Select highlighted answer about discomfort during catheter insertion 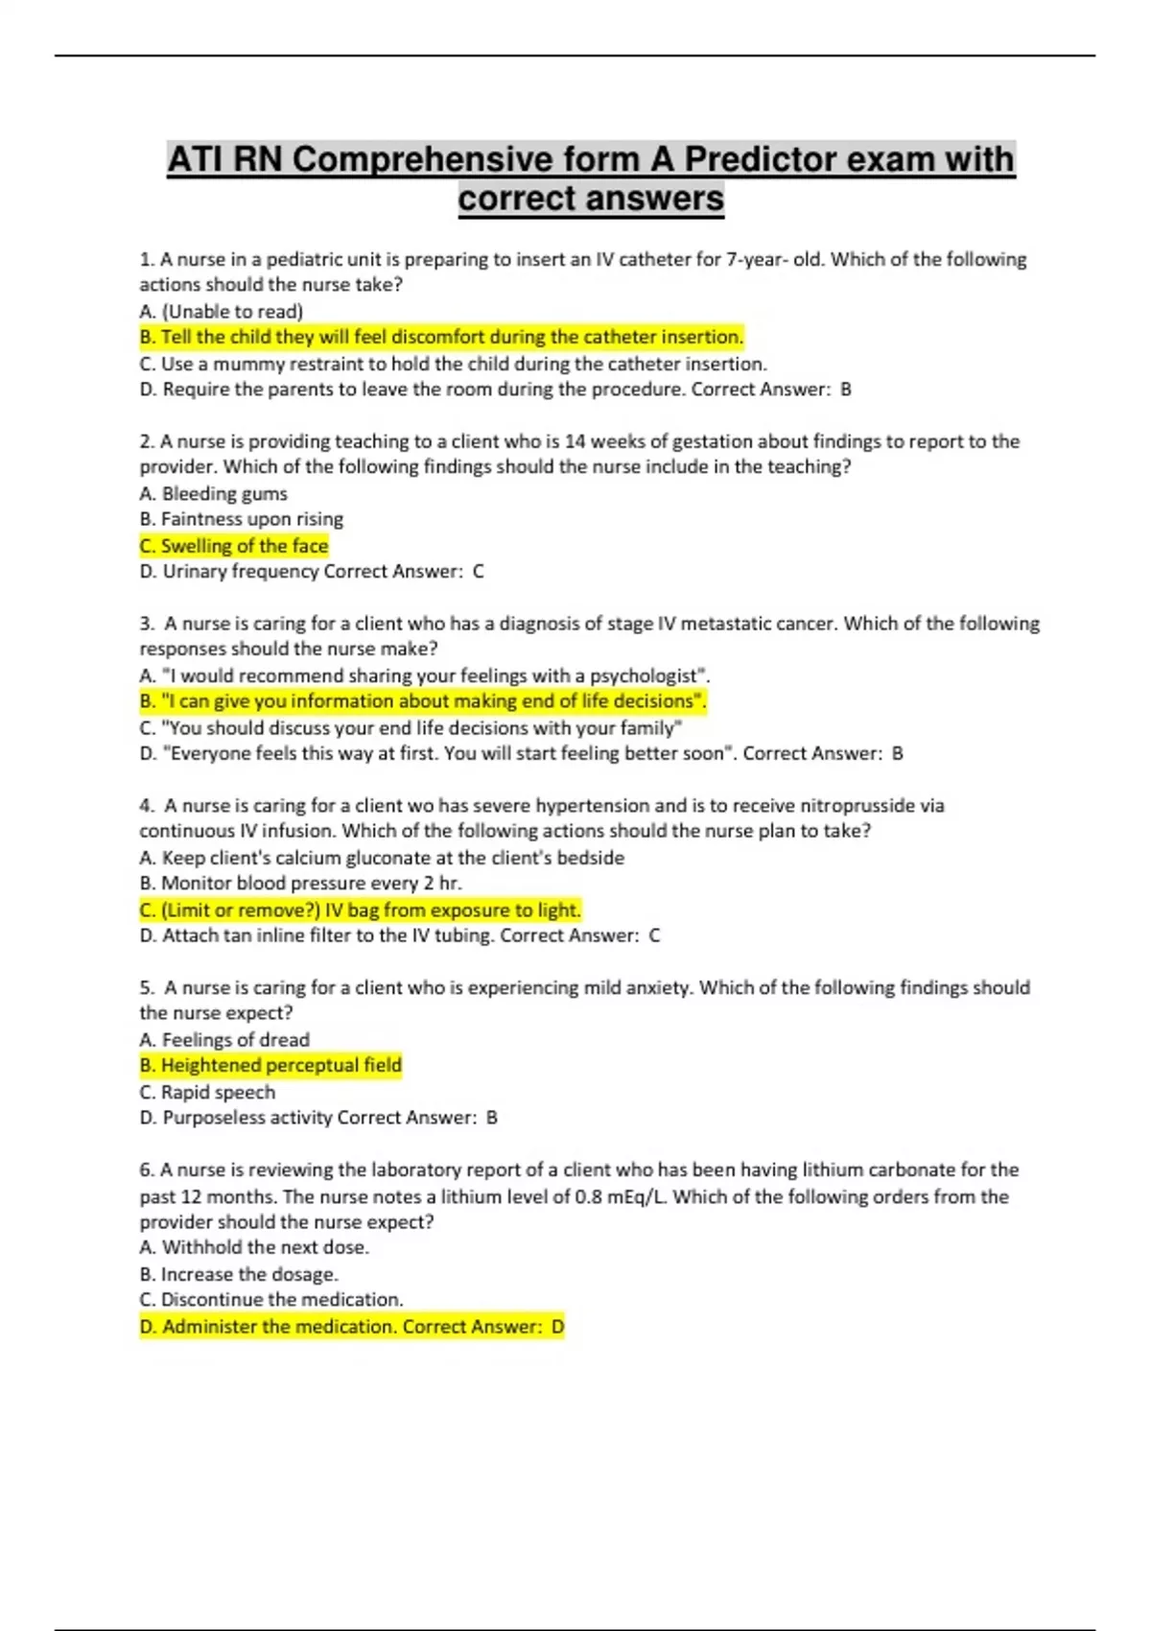[x=441, y=337]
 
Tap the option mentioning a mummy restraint [x=453, y=364]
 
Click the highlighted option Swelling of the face [x=234, y=546]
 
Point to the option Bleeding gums [x=213, y=493]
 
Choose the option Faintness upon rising [x=241, y=519]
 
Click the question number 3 [x=146, y=624]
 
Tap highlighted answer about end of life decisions [x=422, y=701]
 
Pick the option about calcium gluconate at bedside [x=382, y=858]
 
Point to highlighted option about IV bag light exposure [x=360, y=910]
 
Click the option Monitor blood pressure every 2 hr [x=300, y=884]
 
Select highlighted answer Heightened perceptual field [x=270, y=1065]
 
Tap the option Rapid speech [x=207, y=1092]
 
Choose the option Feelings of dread [x=224, y=1040]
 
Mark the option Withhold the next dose [x=254, y=1247]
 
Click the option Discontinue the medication [x=271, y=1300]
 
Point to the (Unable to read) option [x=221, y=311]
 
